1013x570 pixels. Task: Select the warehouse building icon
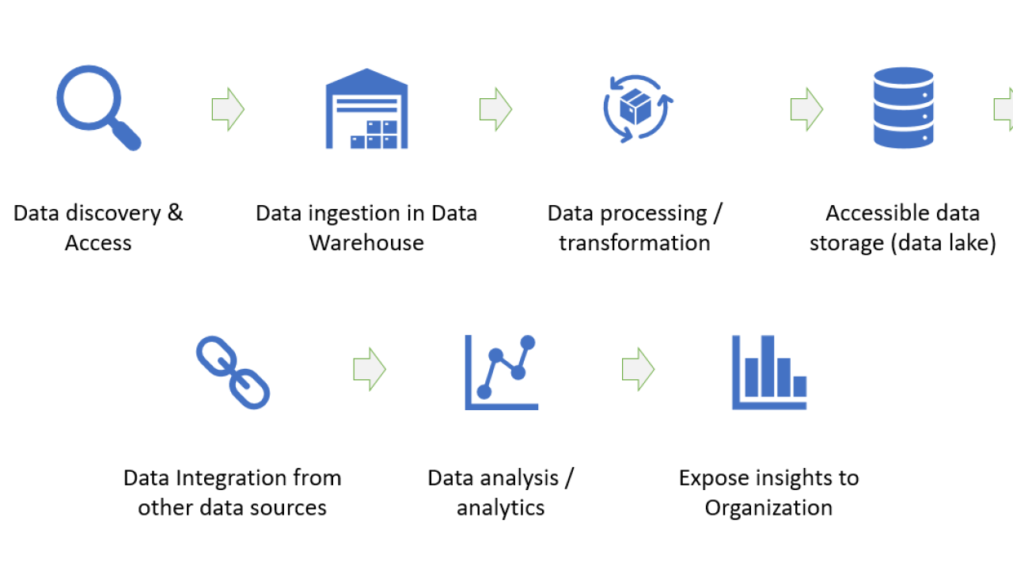pyautogui.click(x=366, y=108)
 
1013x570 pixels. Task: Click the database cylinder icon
pyautogui.click(x=904, y=108)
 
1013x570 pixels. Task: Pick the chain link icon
pyautogui.click(x=233, y=372)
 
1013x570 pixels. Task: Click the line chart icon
pyautogui.click(x=501, y=372)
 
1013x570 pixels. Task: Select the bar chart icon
pyautogui.click(x=769, y=372)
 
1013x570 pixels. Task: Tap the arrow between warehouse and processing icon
pyautogui.click(x=496, y=109)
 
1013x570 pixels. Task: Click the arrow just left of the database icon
pyautogui.click(x=806, y=109)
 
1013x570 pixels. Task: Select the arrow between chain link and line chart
pyautogui.click(x=370, y=369)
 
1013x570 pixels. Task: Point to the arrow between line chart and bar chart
pyautogui.click(x=639, y=369)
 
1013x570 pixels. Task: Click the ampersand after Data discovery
pyautogui.click(x=175, y=213)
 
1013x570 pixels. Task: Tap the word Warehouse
pyautogui.click(x=366, y=243)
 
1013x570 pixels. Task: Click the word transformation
pyautogui.click(x=635, y=243)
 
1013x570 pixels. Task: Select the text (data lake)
pyautogui.click(x=943, y=243)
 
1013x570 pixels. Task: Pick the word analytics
pyautogui.click(x=501, y=508)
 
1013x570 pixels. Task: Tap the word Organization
pyautogui.click(x=768, y=508)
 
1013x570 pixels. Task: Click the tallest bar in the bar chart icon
pyautogui.click(x=768, y=366)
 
